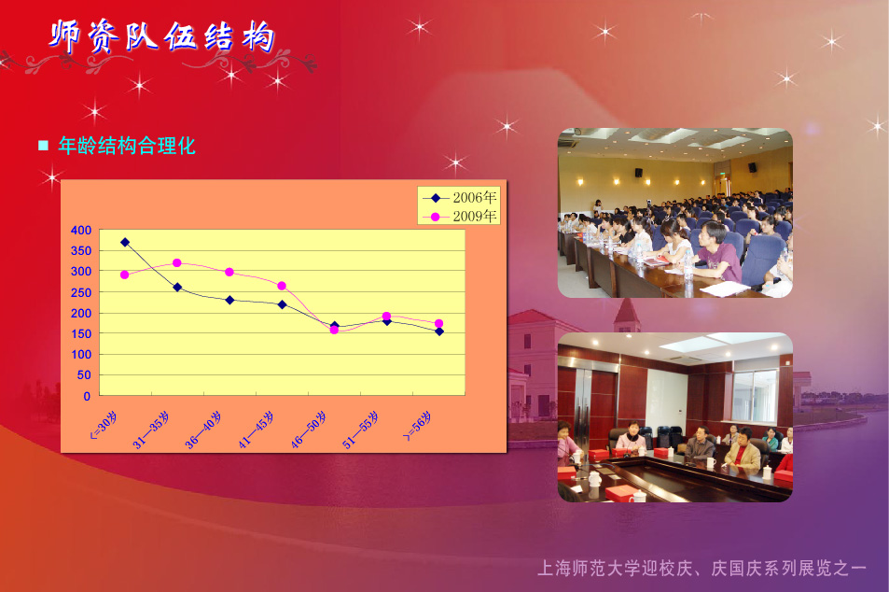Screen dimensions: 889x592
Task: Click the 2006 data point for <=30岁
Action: pyautogui.click(x=125, y=243)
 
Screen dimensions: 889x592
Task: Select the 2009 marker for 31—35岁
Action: pyautogui.click(x=177, y=262)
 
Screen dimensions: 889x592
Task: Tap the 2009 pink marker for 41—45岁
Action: pyautogui.click(x=282, y=286)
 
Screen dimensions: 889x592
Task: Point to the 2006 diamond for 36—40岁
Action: pyautogui.click(x=229, y=300)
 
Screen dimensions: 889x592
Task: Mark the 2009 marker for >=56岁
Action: pyautogui.click(x=438, y=323)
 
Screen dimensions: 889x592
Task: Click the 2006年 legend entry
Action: pyautogui.click(x=460, y=198)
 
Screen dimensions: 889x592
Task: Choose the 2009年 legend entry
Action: pyautogui.click(x=460, y=217)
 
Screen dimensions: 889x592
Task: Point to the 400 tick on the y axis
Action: pyautogui.click(x=81, y=230)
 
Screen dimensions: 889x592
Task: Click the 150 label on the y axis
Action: pyautogui.click(x=81, y=333)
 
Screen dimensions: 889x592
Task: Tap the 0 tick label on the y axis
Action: pyautogui.click(x=87, y=396)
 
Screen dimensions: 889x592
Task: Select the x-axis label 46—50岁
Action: pyautogui.click(x=309, y=430)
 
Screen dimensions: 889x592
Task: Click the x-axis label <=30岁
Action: pyautogui.click(x=104, y=426)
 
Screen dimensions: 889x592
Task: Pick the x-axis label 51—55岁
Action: pyautogui.click(x=361, y=430)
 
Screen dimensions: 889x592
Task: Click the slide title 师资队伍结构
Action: pyautogui.click(x=162, y=37)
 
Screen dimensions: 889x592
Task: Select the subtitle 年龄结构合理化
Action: pyautogui.click(x=127, y=146)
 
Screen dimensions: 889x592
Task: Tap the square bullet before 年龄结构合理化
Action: pyautogui.click(x=43, y=146)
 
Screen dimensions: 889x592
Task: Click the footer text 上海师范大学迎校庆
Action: pyautogui.click(x=615, y=568)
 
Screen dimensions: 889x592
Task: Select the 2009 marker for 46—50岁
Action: pyautogui.click(x=334, y=330)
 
